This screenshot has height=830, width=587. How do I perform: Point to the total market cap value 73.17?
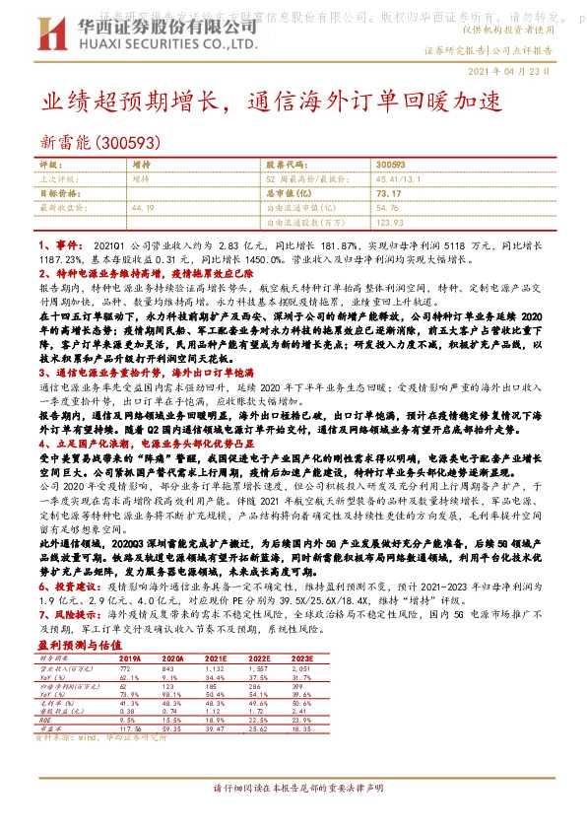[388, 193]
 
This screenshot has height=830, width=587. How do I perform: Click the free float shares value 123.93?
[391, 222]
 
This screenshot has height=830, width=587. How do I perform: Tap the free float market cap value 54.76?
[387, 208]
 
